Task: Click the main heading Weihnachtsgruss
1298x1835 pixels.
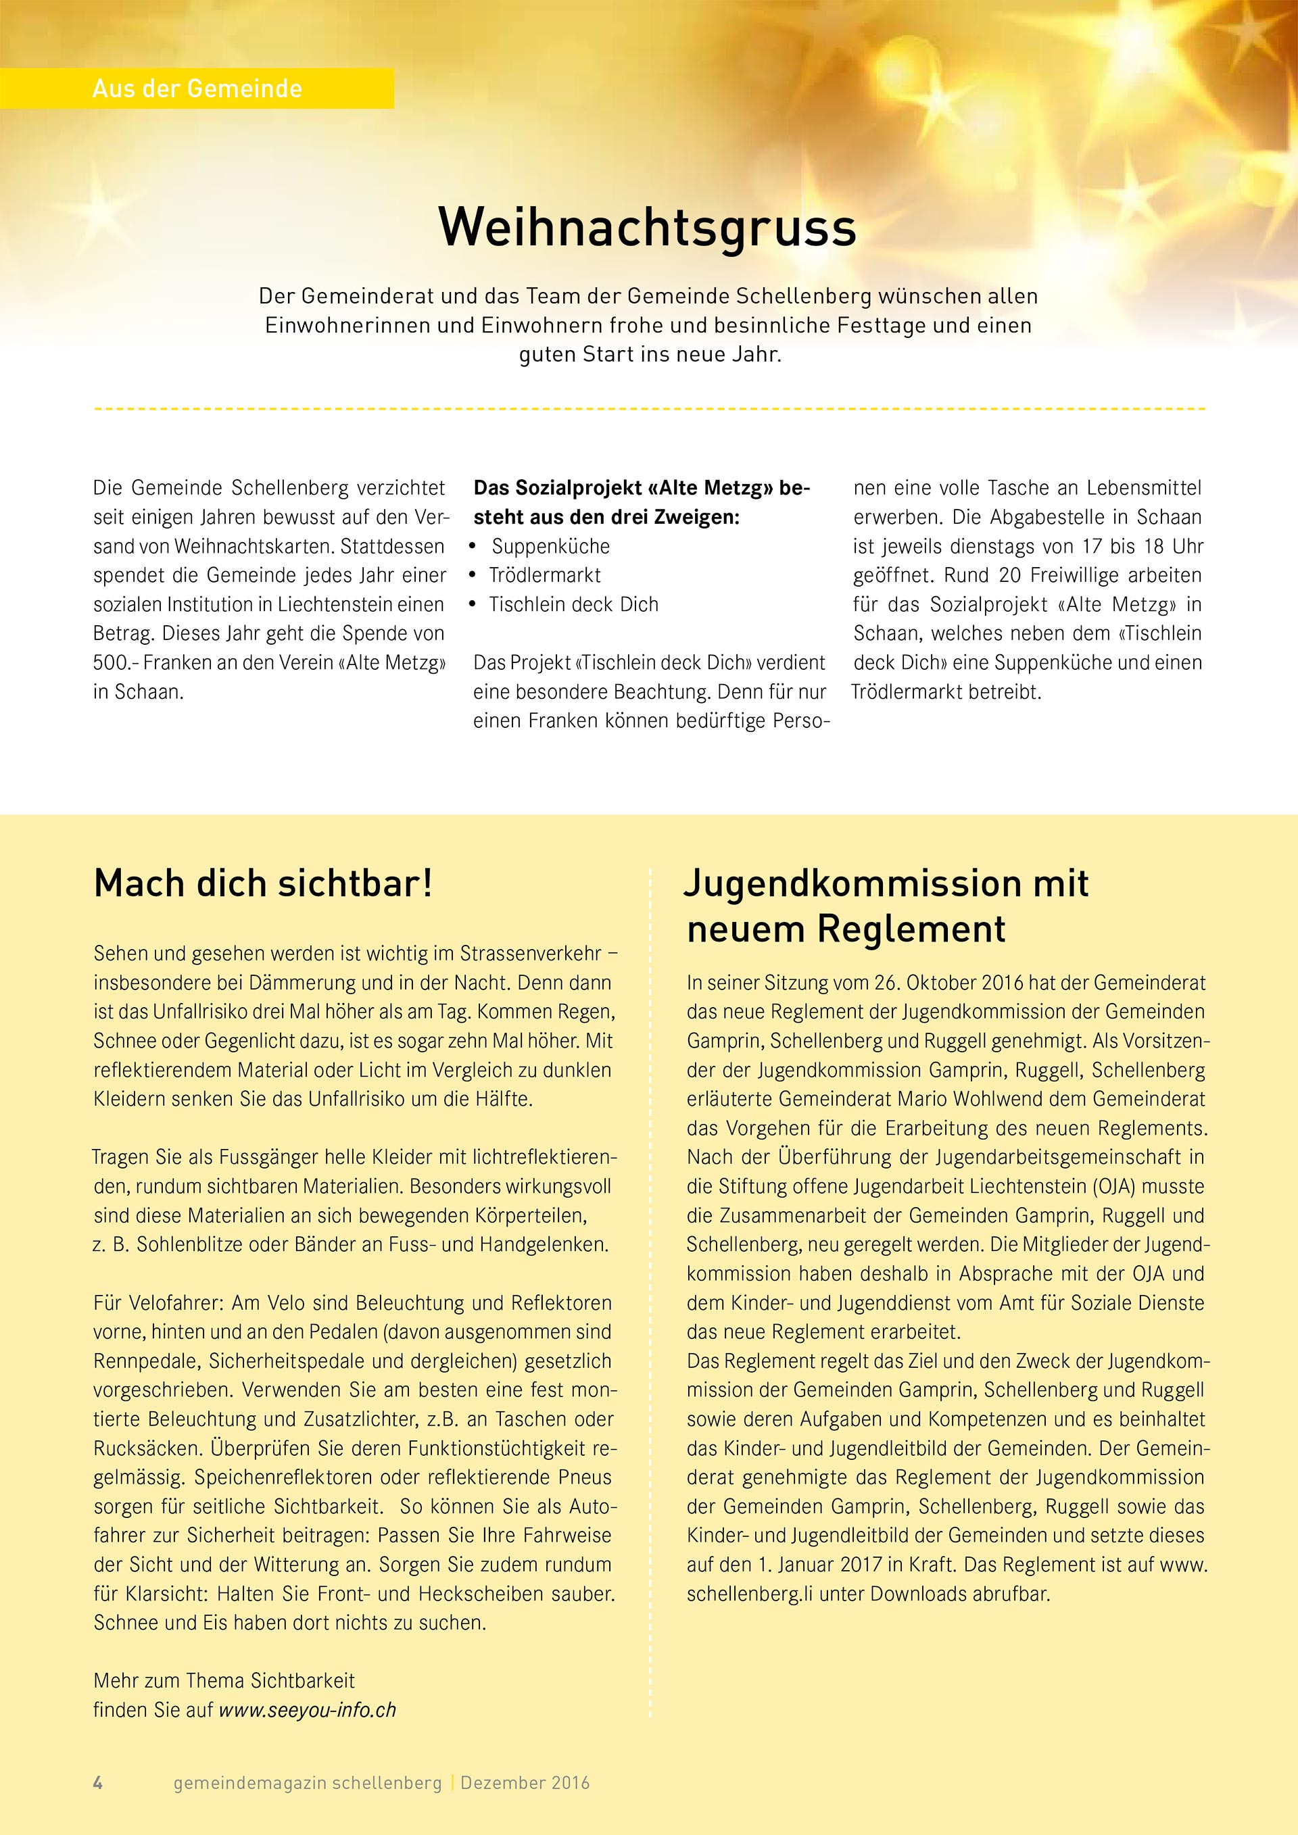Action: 648,228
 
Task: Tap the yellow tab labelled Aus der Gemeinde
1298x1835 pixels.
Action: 197,89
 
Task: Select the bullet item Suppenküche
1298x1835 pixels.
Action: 550,547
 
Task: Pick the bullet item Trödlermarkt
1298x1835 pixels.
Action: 544,575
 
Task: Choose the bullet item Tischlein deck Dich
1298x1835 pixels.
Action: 573,605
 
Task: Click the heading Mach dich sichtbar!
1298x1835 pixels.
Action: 263,884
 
